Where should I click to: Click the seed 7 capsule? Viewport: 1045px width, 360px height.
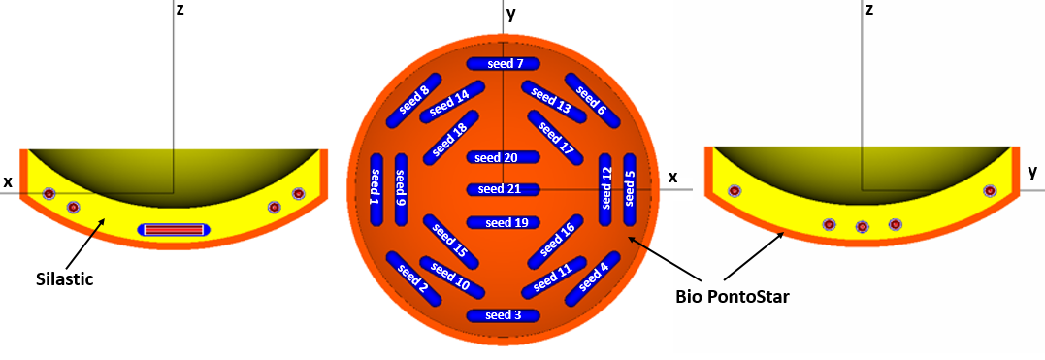tap(503, 64)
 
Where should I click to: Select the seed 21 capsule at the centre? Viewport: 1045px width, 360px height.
tap(503, 190)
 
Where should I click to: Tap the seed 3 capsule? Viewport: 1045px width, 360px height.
tap(503, 315)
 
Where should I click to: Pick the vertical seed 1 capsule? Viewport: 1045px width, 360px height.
tap(376, 190)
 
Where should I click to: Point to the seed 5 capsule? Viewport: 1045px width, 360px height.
tap(629, 190)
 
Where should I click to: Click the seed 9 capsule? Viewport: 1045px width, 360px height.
tap(401, 190)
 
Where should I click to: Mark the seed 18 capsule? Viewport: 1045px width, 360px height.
tap(450, 138)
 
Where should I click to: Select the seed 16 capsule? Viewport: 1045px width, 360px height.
tap(555, 242)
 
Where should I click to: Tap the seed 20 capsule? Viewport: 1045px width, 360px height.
tap(503, 157)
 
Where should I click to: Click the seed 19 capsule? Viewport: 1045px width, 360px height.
tap(503, 222)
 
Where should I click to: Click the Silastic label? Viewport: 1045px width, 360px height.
tap(64, 279)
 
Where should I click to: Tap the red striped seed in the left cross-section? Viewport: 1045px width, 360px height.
tap(174, 229)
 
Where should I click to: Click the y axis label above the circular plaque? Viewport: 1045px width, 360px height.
tap(510, 15)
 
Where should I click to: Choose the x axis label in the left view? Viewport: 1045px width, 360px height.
tap(8, 181)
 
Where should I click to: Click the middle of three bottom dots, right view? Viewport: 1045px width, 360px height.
tap(862, 227)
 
